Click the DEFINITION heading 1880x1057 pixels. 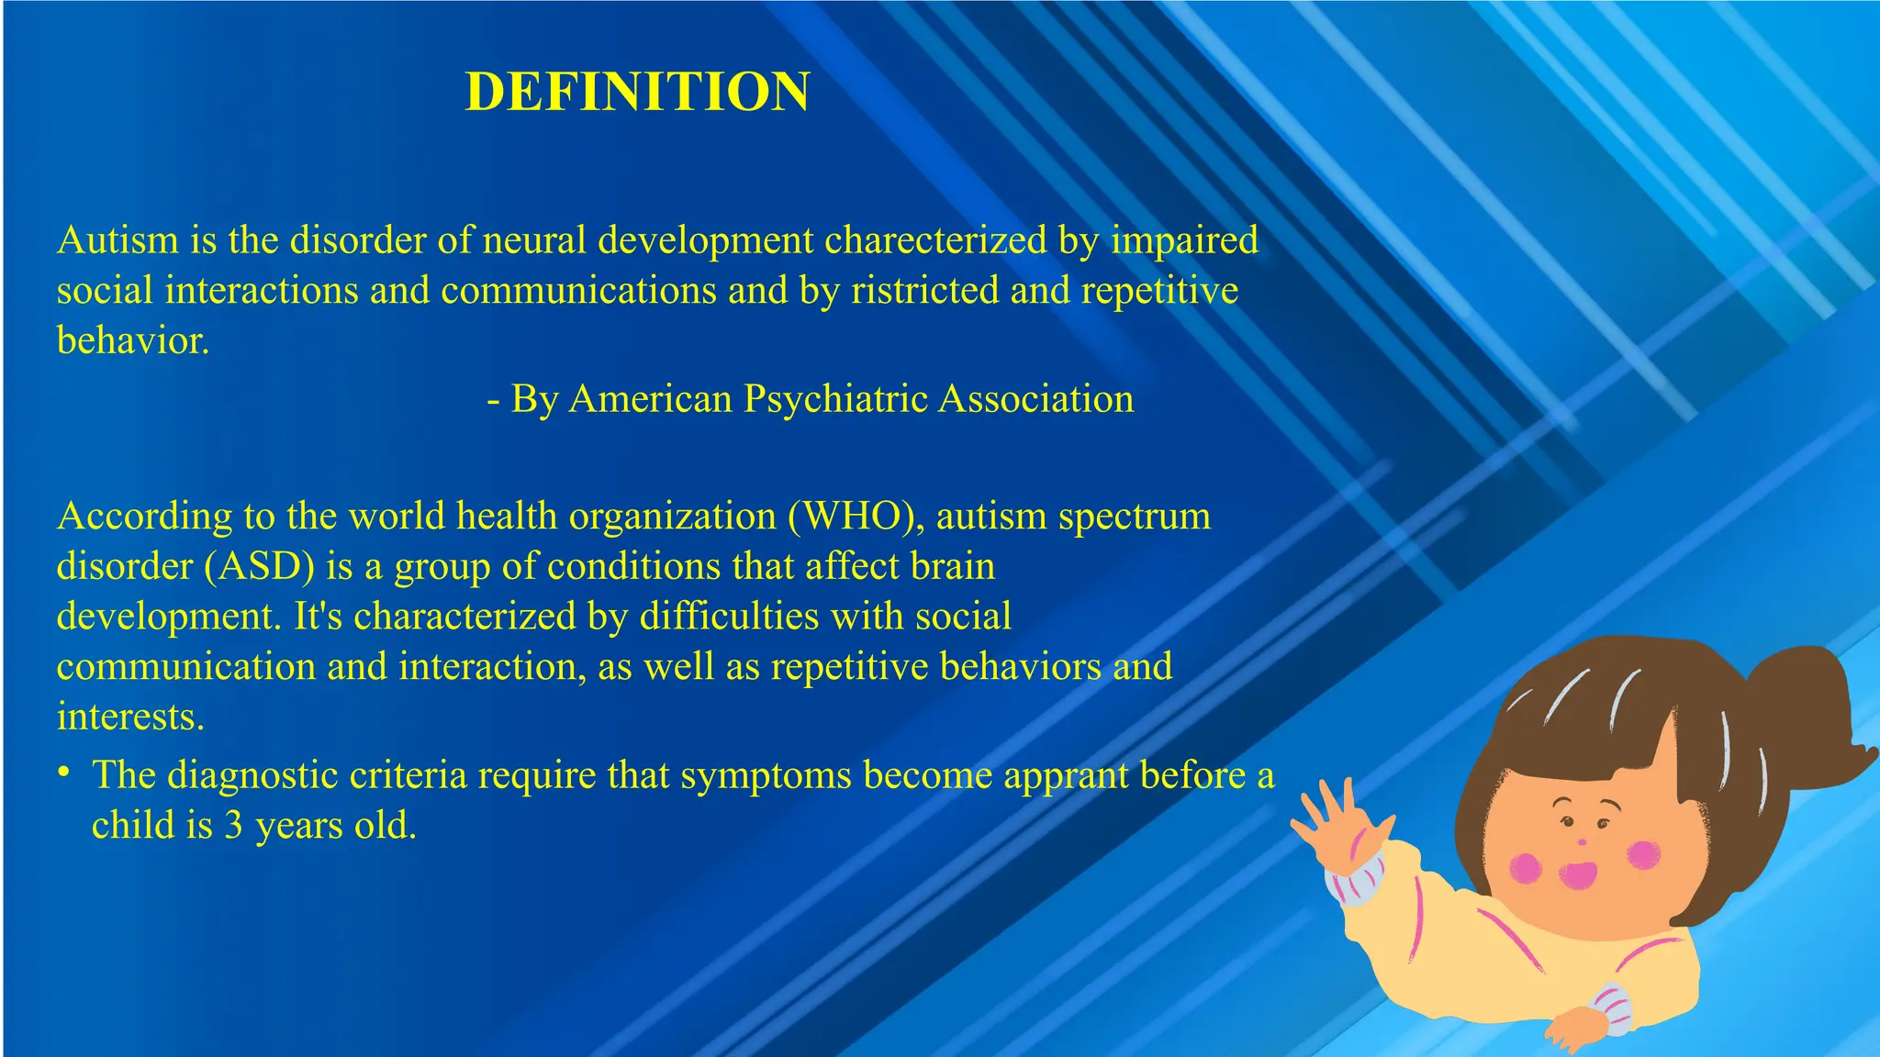point(637,92)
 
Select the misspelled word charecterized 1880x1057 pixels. point(935,240)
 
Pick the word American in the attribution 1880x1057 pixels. point(650,399)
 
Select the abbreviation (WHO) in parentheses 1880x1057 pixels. point(855,517)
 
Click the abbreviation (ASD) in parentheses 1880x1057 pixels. point(260,567)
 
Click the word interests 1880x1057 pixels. point(130,717)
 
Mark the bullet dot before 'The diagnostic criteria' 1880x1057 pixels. point(63,773)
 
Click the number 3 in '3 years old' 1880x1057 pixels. point(233,826)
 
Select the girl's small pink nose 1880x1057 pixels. point(1581,841)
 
